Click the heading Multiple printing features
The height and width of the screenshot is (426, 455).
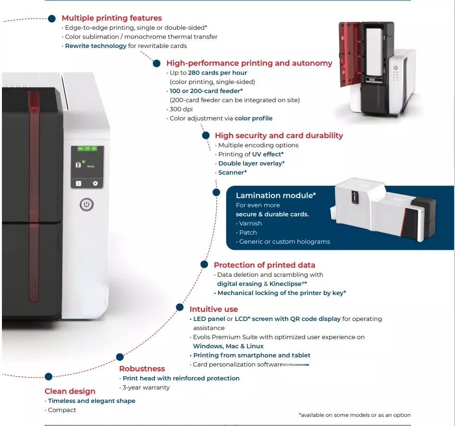coord(111,18)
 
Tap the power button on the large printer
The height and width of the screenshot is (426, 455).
coord(86,205)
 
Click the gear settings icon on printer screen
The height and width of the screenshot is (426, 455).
coord(95,183)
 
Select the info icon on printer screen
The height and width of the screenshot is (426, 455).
coord(78,183)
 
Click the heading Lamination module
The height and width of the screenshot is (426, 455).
coord(275,196)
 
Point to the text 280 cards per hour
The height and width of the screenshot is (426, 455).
coord(217,73)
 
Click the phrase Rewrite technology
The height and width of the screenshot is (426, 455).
coord(96,46)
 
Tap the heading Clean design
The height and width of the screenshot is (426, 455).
coord(70,391)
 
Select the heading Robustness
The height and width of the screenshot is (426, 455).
coord(142,369)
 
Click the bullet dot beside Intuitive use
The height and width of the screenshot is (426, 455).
coord(180,307)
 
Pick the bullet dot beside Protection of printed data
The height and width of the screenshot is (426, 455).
coord(204,264)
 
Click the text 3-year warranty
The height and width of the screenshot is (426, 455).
coord(146,388)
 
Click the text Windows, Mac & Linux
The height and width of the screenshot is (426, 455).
coord(228,346)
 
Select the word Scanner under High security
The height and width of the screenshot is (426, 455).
coord(232,173)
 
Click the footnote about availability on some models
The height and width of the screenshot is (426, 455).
coord(355,415)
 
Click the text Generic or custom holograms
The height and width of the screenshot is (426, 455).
coord(284,242)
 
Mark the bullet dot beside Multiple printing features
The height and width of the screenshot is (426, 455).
coord(52,18)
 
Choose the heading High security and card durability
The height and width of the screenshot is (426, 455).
coord(279,136)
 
